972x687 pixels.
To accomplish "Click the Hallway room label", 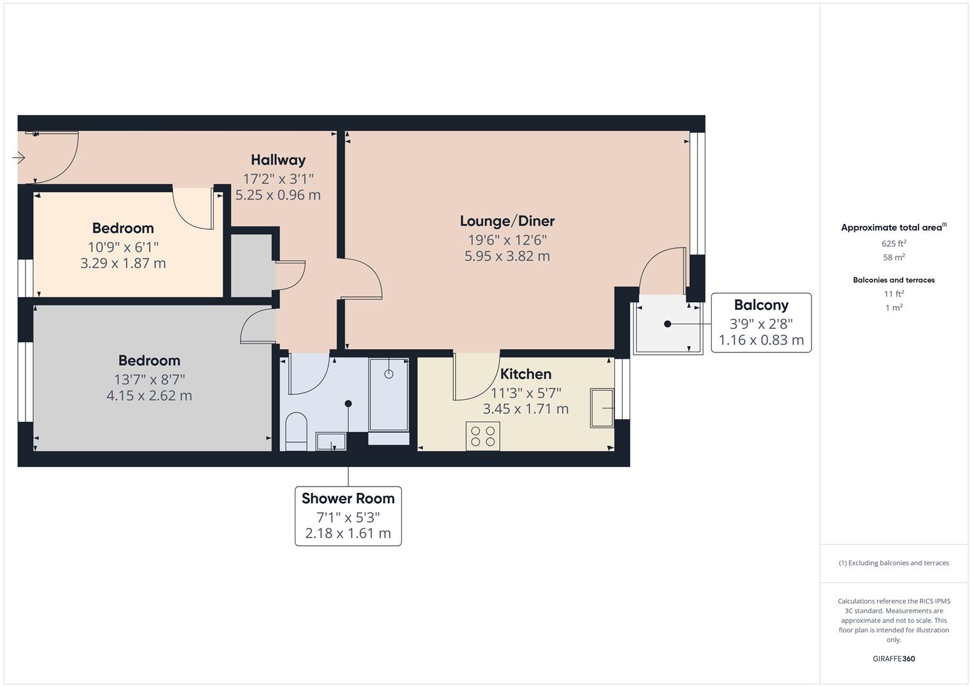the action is coord(278,160).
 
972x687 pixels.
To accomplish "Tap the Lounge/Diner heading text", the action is coord(507,221).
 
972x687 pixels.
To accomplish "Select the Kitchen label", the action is coord(526,374).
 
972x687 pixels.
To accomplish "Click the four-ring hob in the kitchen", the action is coord(483,436).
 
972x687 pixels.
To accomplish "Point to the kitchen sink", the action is coord(602,408).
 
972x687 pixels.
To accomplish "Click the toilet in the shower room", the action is coord(297,431).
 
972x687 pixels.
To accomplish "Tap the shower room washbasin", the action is coord(331,441).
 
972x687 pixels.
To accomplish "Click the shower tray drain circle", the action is coord(389,374).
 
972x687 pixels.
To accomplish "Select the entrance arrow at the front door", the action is coord(18,158).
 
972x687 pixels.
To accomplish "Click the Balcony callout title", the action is coord(761,305).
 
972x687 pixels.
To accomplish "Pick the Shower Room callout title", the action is coord(348,498).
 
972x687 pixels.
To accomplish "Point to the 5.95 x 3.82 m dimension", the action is coord(507,256).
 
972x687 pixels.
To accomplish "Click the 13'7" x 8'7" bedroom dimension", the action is coord(150,380).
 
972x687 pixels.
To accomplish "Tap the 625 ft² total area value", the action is coord(894,243).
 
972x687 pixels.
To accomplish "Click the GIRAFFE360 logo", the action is coord(894,658).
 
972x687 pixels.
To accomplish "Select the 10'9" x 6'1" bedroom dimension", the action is coord(123,247).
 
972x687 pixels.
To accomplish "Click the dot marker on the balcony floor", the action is coord(668,324).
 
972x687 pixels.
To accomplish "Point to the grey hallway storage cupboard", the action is coord(252,266).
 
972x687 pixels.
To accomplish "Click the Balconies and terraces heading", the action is coord(894,280).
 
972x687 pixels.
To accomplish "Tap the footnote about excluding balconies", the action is coord(894,563).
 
